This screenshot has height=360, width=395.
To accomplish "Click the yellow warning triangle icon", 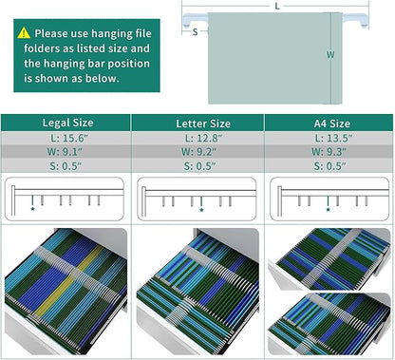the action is click(x=24, y=33).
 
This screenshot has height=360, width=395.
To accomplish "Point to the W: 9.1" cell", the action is click(x=66, y=152).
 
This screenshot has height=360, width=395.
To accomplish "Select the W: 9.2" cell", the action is click(x=197, y=152).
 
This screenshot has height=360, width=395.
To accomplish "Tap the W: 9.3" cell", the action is click(x=329, y=152).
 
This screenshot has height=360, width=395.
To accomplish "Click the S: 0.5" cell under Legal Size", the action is click(x=66, y=166).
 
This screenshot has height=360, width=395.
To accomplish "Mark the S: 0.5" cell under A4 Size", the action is click(x=329, y=166).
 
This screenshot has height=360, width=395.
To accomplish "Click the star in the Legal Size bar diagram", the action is click(x=32, y=209).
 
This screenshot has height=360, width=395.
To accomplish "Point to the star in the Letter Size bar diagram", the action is click(x=201, y=210).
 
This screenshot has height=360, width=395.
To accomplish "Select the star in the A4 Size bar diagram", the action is click(x=329, y=210).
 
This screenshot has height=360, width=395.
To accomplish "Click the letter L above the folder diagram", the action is click(x=277, y=6).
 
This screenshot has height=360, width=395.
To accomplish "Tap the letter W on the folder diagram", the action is click(x=330, y=55).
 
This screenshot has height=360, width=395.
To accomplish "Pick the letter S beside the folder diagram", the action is click(x=196, y=31).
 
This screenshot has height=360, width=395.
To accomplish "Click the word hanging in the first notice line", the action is click(x=110, y=33).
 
